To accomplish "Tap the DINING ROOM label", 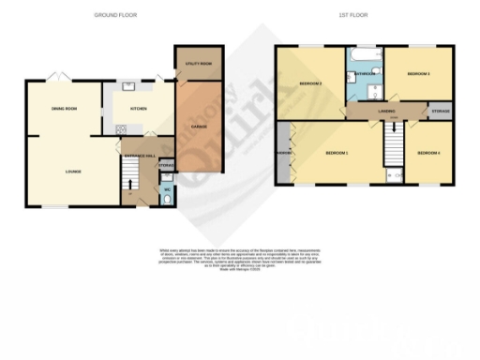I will coord(64,109).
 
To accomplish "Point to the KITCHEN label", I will coord(140,108).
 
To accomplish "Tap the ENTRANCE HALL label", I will coord(139,153).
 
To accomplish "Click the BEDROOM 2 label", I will coord(310,84).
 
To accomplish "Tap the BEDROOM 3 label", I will coord(416,74).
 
